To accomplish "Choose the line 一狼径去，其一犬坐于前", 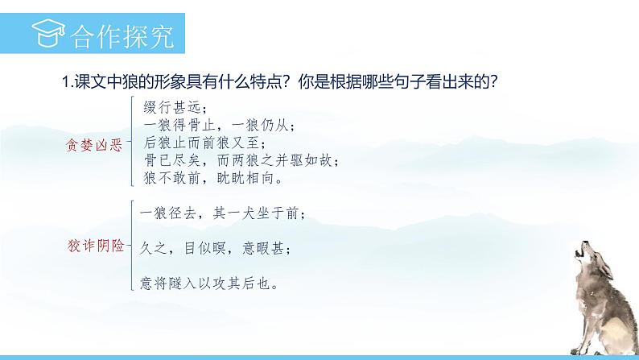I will [x=222, y=213].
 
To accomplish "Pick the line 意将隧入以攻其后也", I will [x=209, y=283].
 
